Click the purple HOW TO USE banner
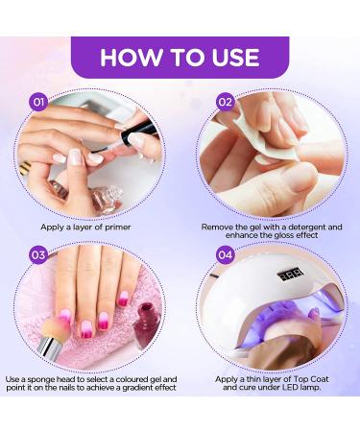pos(180,58)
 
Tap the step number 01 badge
pos(38,102)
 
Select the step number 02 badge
pos(225,102)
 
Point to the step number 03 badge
pos(38,254)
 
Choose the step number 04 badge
pos(225,254)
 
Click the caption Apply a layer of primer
pos(85,228)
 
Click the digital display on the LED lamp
pos(290,276)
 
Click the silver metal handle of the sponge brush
pos(47,347)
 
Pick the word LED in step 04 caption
pos(291,388)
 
